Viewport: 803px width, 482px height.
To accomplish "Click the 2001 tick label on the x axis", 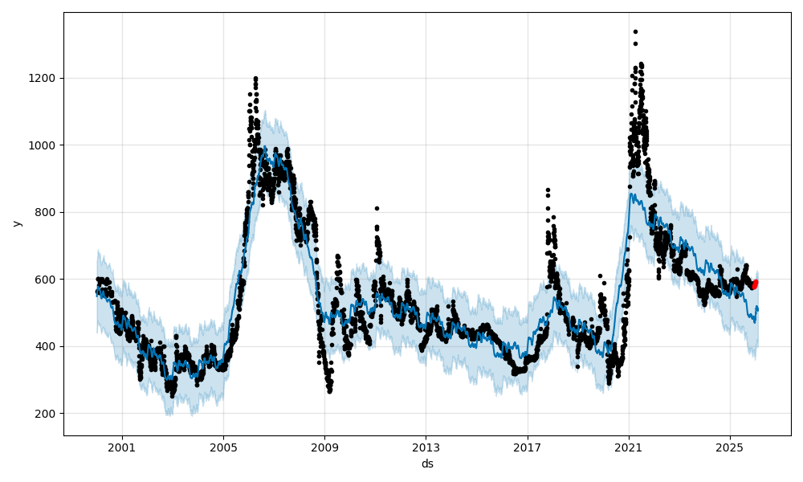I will pyautogui.click(x=122, y=447).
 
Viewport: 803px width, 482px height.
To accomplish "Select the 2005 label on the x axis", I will pyautogui.click(x=223, y=447).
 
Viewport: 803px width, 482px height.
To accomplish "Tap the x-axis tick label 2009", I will pyautogui.click(x=324, y=447).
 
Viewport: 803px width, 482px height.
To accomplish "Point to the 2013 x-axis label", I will pyautogui.click(x=426, y=447).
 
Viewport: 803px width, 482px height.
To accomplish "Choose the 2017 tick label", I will pyautogui.click(x=528, y=447).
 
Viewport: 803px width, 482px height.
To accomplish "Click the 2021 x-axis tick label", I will pyautogui.click(x=629, y=447).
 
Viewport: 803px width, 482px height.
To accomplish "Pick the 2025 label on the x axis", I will pyautogui.click(x=730, y=447).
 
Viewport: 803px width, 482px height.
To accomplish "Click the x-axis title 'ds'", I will pyautogui.click(x=427, y=464).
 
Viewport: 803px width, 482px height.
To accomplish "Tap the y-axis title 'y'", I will pyautogui.click(x=16, y=223).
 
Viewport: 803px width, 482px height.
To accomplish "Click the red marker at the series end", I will pyautogui.click(x=755, y=284).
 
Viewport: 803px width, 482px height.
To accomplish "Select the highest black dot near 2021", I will pyautogui.click(x=635, y=31).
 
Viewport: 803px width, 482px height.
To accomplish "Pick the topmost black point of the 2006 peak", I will pyautogui.click(x=255, y=78).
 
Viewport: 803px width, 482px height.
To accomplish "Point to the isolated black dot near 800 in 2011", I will pyautogui.click(x=377, y=208).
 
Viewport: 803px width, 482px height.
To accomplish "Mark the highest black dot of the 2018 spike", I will pyautogui.click(x=548, y=190).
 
